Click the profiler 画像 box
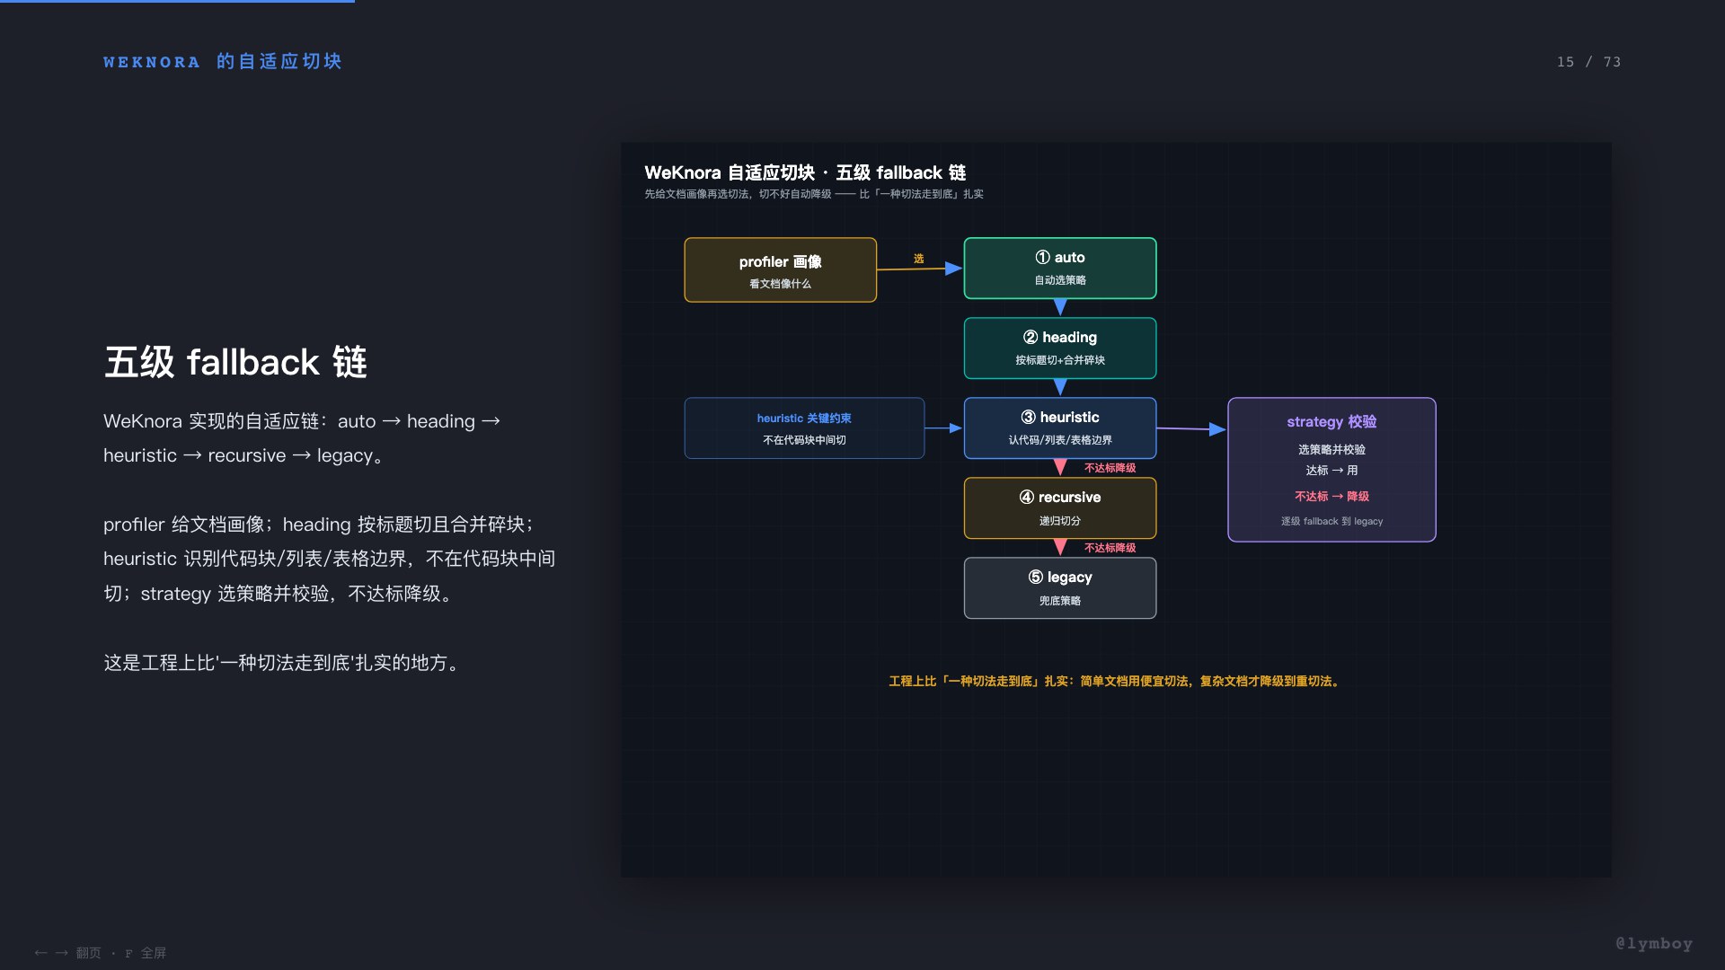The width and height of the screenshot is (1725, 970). pyautogui.click(x=780, y=269)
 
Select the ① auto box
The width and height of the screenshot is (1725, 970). pyautogui.click(x=1060, y=268)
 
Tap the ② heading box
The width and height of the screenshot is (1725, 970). pyautogui.click(x=1060, y=348)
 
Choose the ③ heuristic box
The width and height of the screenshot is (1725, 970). pyautogui.click(x=1060, y=428)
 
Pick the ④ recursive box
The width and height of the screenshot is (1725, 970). pyautogui.click(x=1060, y=507)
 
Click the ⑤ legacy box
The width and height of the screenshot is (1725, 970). pyautogui.click(x=1060, y=587)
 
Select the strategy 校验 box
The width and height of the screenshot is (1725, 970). pyautogui.click(x=1331, y=469)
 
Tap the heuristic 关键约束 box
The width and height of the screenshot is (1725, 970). pyautogui.click(x=804, y=428)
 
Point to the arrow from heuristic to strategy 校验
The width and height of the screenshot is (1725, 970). pyautogui.click(x=1191, y=429)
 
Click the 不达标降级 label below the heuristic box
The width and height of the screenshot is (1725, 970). pyautogui.click(x=1110, y=468)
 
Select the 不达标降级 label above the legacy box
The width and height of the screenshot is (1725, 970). pyautogui.click(x=1110, y=548)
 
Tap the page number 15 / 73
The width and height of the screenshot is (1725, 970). pyautogui.click(x=1588, y=62)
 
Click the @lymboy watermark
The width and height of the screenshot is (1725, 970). pyautogui.click(x=1653, y=943)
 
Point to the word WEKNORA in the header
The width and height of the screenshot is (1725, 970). pyautogui.click(x=151, y=62)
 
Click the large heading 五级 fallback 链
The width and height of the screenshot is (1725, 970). pyautogui.click(x=235, y=362)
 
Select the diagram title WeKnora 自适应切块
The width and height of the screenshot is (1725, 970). pyautogui.click(x=730, y=172)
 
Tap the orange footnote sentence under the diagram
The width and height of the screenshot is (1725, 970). pyautogui.click(x=1115, y=681)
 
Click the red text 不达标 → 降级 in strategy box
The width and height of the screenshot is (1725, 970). pyautogui.click(x=1331, y=496)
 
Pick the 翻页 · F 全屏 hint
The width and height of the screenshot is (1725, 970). pyautogui.click(x=120, y=953)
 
